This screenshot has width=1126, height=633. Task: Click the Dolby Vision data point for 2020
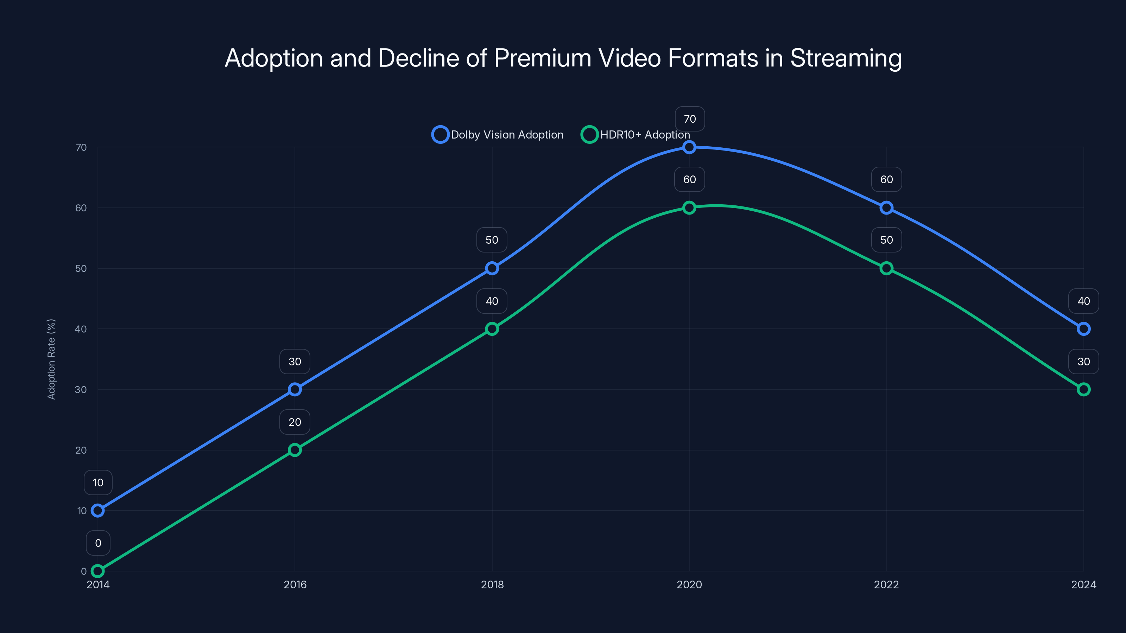click(x=689, y=147)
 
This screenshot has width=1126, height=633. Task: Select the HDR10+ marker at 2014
click(x=97, y=571)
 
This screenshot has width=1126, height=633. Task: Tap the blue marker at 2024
click(x=1084, y=328)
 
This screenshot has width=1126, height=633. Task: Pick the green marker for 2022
click(x=886, y=268)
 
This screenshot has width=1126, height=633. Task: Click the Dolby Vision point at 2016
click(x=295, y=389)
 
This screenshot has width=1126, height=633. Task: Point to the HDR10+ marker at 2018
click(x=492, y=328)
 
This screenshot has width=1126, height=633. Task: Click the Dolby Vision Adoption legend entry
click(x=498, y=135)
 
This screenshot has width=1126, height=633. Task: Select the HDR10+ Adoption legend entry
click(x=635, y=135)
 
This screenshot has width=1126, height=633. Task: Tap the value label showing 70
click(x=690, y=119)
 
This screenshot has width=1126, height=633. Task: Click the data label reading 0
click(x=98, y=543)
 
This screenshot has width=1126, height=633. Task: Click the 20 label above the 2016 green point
click(x=295, y=422)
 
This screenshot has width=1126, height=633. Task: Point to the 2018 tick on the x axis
click(x=492, y=584)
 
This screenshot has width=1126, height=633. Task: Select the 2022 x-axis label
click(x=886, y=584)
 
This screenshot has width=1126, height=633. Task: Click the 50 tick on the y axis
click(x=81, y=268)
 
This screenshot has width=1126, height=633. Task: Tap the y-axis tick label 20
click(x=81, y=450)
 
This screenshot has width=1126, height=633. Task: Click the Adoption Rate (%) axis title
click(x=51, y=359)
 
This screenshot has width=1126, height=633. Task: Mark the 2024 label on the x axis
click(x=1084, y=584)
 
